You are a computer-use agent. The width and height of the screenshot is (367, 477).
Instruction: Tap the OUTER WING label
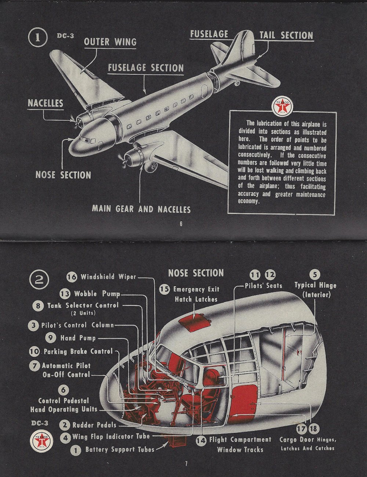pyautogui.click(x=110, y=42)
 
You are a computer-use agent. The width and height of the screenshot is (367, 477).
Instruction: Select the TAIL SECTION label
pyautogui.click(x=286, y=35)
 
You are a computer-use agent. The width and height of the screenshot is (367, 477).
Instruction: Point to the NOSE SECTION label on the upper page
pyautogui.click(x=63, y=175)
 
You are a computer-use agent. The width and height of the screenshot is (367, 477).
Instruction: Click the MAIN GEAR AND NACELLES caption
pyautogui.click(x=141, y=209)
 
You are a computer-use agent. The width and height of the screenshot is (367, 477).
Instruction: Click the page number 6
pyautogui.click(x=181, y=224)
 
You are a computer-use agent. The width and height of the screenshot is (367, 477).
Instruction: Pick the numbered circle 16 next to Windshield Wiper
pyautogui.click(x=72, y=277)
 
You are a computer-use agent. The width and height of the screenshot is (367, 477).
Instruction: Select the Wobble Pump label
pyautogui.click(x=97, y=294)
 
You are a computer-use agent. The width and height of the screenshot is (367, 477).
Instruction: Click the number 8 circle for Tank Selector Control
pyautogui.click(x=38, y=306)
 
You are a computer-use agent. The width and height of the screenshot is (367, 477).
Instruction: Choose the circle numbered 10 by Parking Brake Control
pyautogui.click(x=34, y=351)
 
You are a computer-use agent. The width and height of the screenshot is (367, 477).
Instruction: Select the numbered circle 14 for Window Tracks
pyautogui.click(x=201, y=440)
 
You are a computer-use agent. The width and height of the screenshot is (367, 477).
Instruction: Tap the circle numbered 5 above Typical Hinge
pyautogui.click(x=315, y=274)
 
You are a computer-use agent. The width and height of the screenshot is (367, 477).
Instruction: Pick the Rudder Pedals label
pyautogui.click(x=94, y=425)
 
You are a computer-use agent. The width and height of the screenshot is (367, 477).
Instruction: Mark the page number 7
pyautogui.click(x=186, y=464)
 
